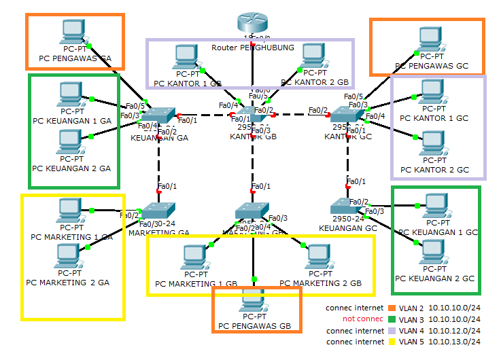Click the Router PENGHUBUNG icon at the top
click(253, 23)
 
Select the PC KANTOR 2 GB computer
click(313, 56)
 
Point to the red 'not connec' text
click(358, 319)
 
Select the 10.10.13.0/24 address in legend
click(455, 342)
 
